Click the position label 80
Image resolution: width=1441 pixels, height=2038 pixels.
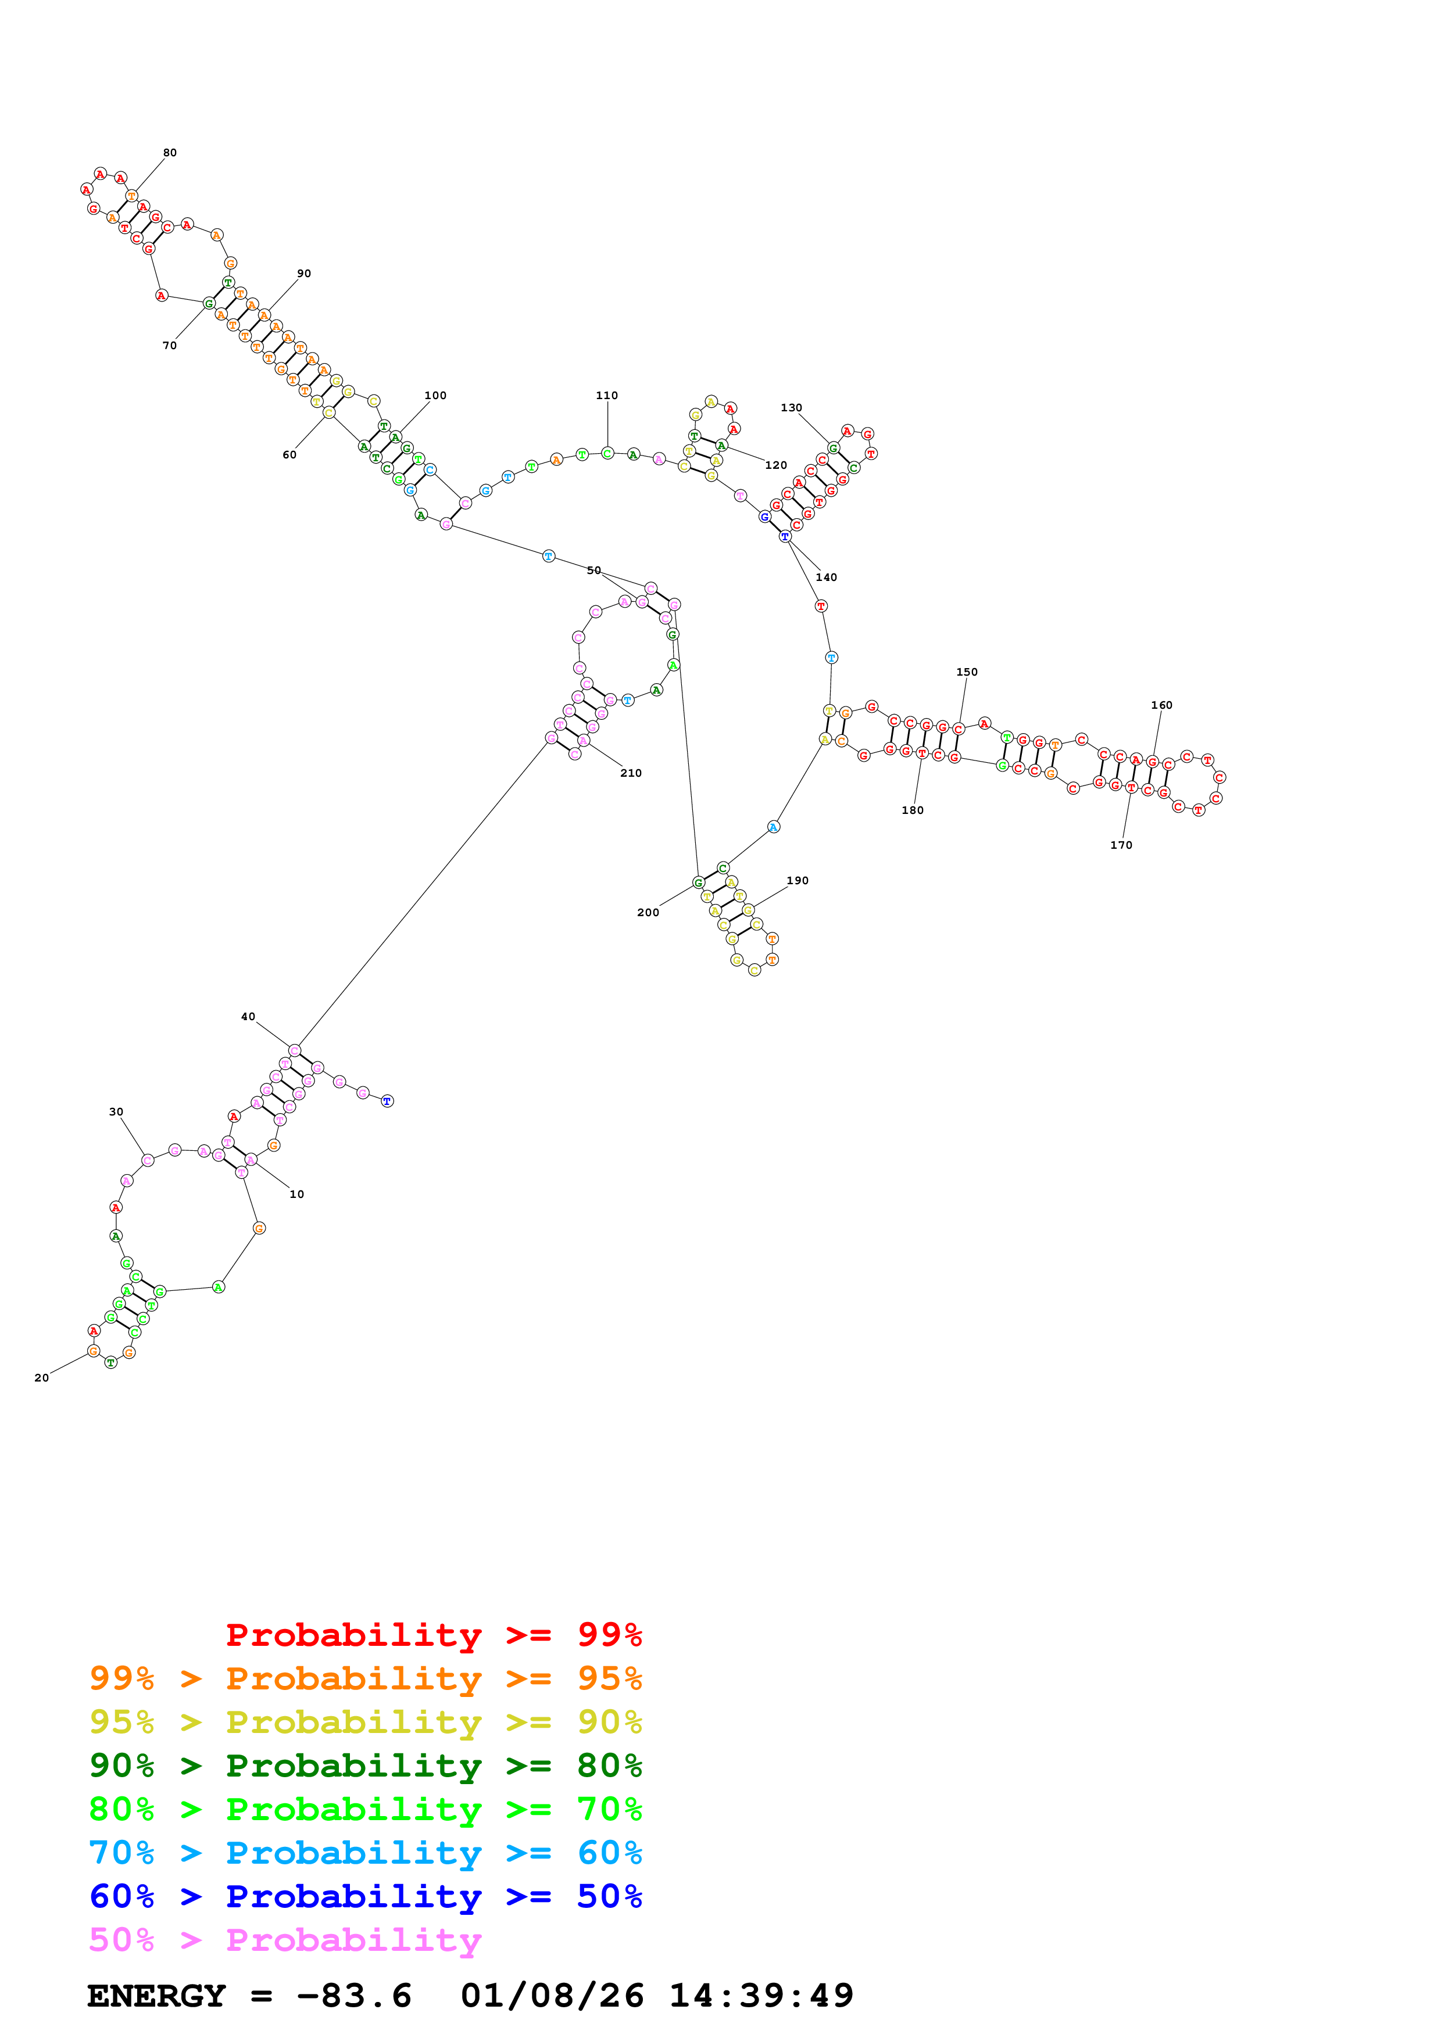pyautogui.click(x=170, y=153)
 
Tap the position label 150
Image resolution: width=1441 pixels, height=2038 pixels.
pyautogui.click(x=967, y=672)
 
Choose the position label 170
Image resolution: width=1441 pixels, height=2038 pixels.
pyautogui.click(x=1121, y=845)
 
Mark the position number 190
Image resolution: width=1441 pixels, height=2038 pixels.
pyautogui.click(x=798, y=881)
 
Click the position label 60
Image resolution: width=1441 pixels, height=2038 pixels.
pyautogui.click(x=289, y=454)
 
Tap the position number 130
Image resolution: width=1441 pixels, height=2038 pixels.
pyautogui.click(x=791, y=407)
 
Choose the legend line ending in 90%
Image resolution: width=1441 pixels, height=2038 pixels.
pyautogui.click(x=365, y=1722)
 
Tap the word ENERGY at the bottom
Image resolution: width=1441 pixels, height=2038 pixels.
pyautogui.click(x=156, y=1996)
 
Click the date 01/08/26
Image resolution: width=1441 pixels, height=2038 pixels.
pyautogui.click(x=552, y=1996)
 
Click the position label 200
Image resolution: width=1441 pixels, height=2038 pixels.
pyautogui.click(x=648, y=913)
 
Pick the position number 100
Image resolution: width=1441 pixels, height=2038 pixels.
pyautogui.click(x=435, y=396)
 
